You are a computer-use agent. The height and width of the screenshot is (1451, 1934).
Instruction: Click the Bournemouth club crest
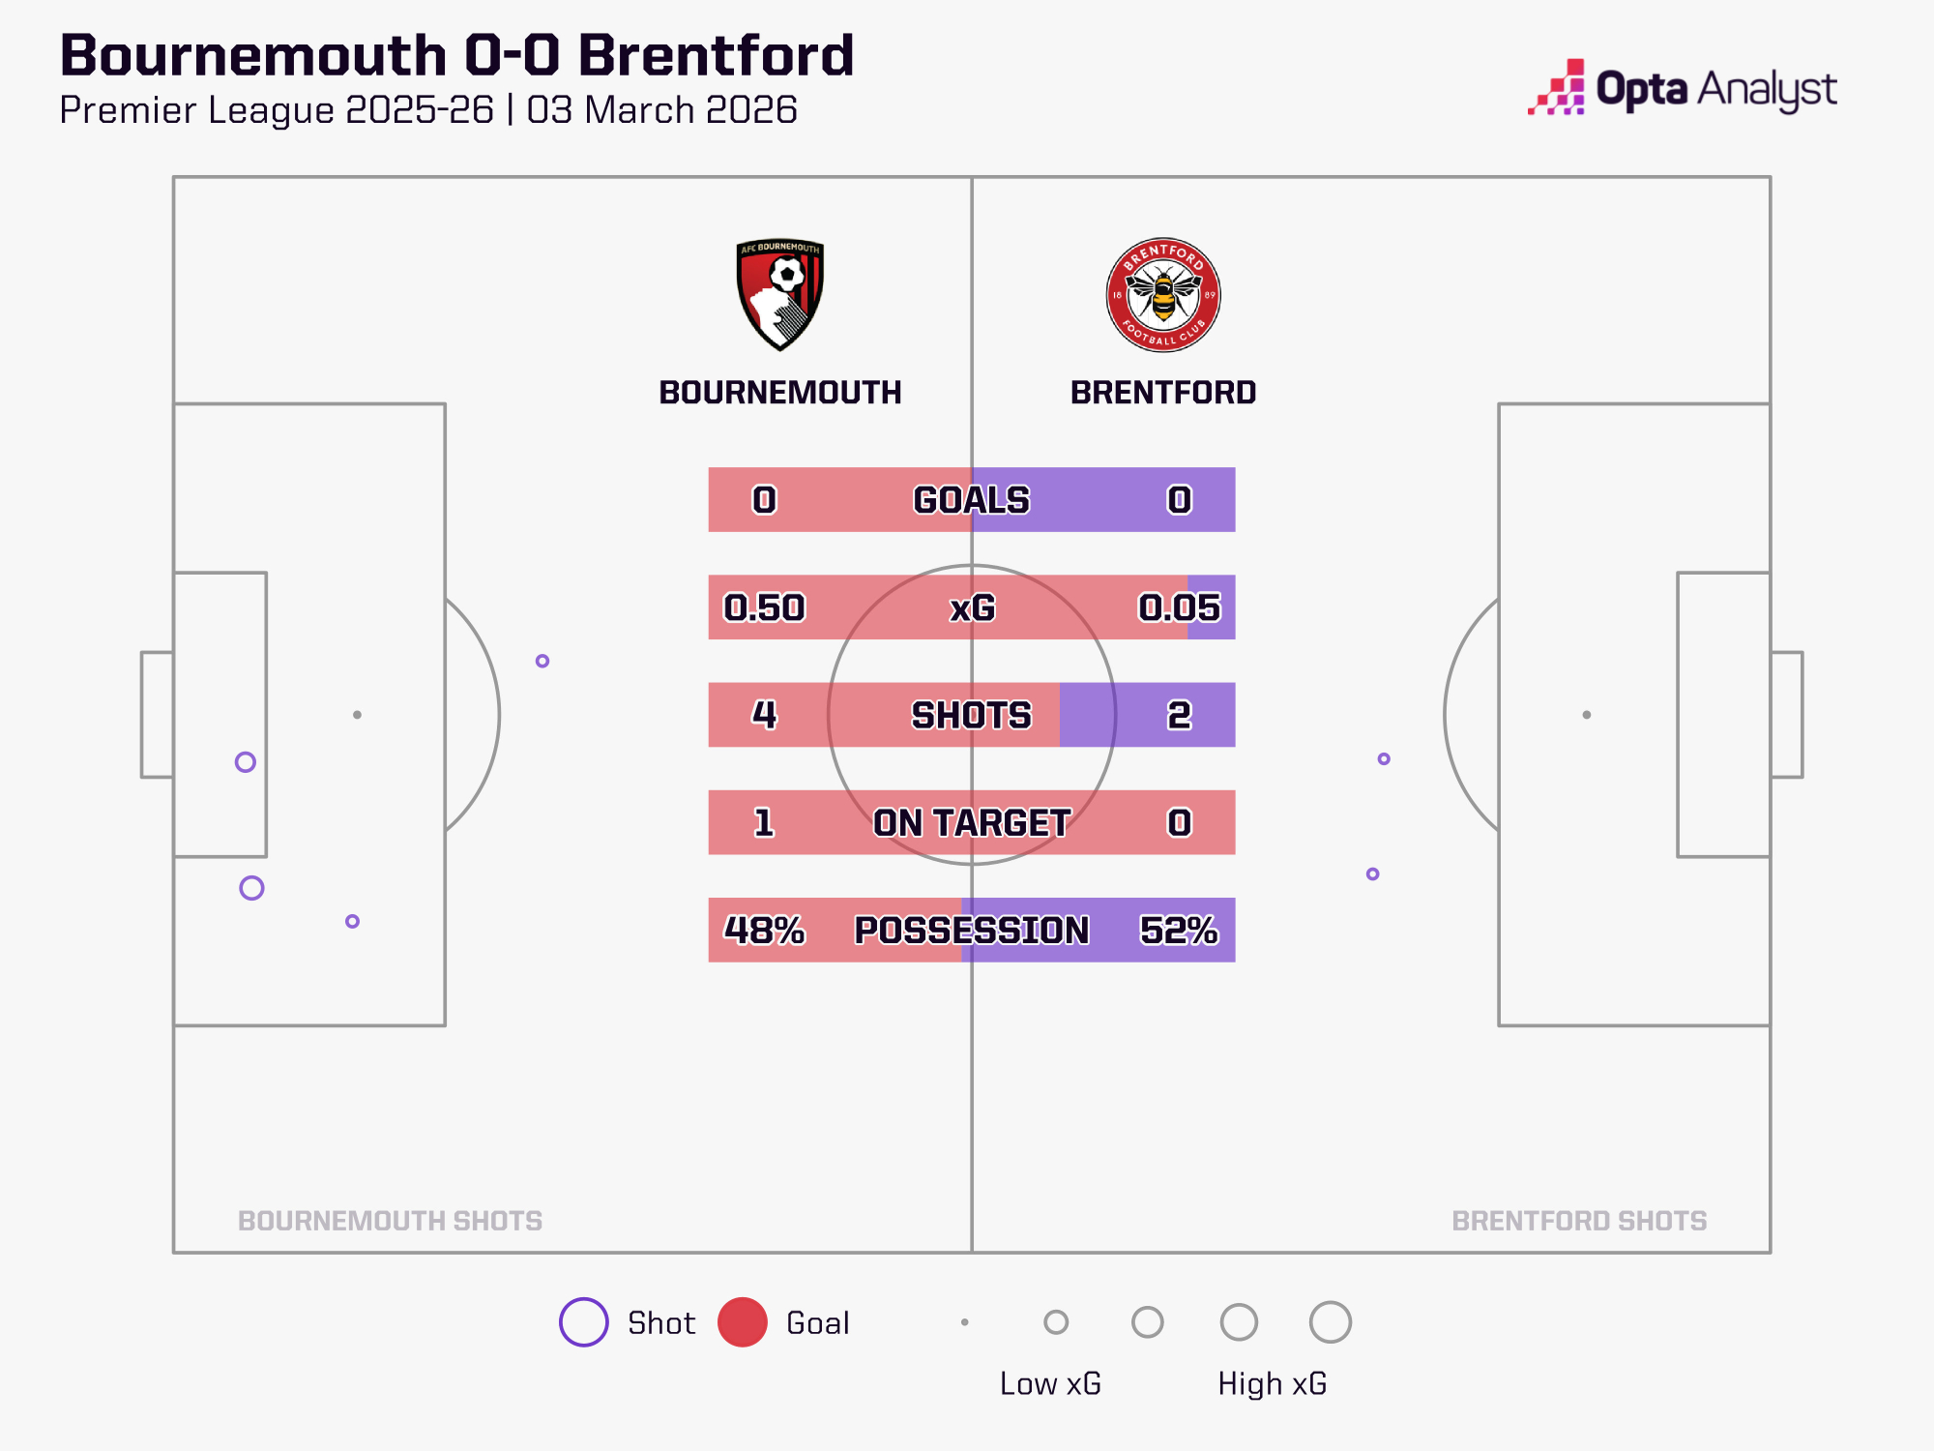pos(779,294)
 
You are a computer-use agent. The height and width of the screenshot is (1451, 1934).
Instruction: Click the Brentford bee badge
pos(1163,294)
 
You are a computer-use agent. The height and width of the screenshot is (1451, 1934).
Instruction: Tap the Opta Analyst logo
pos(1682,89)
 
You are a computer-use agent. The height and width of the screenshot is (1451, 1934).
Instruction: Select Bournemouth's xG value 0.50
pos(764,607)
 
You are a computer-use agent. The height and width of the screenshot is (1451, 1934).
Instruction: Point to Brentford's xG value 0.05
pos(1179,607)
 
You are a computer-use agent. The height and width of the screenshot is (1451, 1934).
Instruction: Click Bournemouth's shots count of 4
pos(764,715)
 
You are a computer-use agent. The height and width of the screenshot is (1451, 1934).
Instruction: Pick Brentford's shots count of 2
pos(1179,715)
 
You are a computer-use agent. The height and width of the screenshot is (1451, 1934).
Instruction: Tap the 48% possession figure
pos(764,930)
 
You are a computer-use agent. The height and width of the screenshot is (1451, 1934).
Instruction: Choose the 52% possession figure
pos(1179,930)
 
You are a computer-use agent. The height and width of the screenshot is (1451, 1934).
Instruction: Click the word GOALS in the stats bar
pos(972,500)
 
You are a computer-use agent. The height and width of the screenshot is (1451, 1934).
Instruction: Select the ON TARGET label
pos(972,822)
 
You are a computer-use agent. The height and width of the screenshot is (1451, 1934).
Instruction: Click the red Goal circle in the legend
pos(743,1322)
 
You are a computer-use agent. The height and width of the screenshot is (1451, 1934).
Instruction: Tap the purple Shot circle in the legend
pos(584,1322)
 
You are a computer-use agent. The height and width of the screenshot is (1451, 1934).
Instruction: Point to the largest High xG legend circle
pos(1330,1322)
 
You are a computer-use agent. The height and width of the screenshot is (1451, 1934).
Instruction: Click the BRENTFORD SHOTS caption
pos(1579,1221)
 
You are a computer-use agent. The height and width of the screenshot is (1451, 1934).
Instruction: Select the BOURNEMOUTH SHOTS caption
pos(390,1221)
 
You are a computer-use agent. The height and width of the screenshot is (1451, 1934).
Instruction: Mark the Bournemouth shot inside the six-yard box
pos(246,762)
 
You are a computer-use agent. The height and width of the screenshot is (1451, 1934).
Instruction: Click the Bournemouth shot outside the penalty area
pos(542,661)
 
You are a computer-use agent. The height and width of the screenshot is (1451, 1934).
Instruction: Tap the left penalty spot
pos(357,715)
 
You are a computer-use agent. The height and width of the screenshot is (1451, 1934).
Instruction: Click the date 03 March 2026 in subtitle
pos(661,110)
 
